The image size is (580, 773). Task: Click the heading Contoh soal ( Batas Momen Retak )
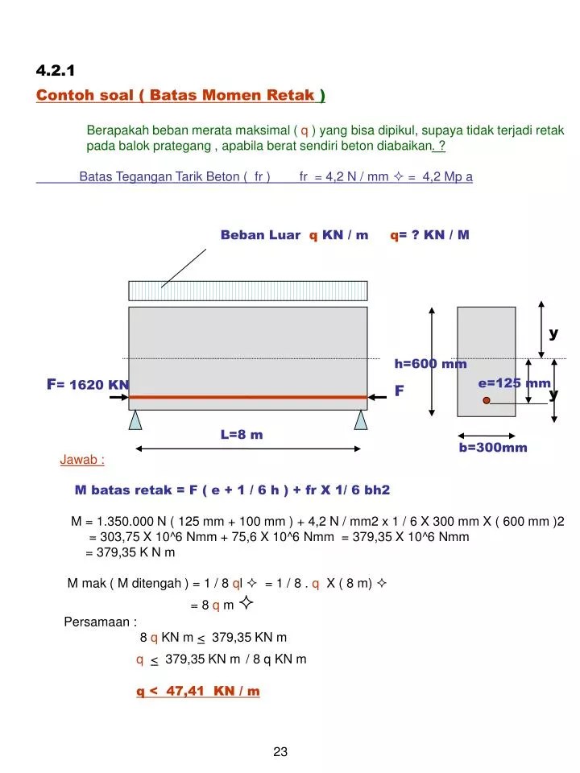(180, 96)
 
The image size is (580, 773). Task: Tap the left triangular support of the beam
(135, 420)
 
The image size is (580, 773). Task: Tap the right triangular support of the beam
(360, 420)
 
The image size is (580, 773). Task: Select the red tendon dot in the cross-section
(487, 400)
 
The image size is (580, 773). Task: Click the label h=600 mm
(430, 364)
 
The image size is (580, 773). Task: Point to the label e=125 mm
(514, 383)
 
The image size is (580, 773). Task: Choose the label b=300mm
(493, 447)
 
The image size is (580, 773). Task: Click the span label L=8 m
(242, 435)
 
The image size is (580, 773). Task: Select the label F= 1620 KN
(88, 384)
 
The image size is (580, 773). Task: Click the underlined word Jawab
(82, 460)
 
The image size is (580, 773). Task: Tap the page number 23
(280, 752)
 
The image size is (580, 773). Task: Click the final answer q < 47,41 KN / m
(197, 691)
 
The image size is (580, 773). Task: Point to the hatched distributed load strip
(248, 291)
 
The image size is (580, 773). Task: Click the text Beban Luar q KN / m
(294, 235)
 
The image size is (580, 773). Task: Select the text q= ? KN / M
(430, 235)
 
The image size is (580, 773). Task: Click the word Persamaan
(101, 622)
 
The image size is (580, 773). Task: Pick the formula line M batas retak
(232, 490)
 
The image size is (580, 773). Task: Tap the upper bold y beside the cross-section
(553, 333)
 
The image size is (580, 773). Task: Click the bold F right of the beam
(398, 391)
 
